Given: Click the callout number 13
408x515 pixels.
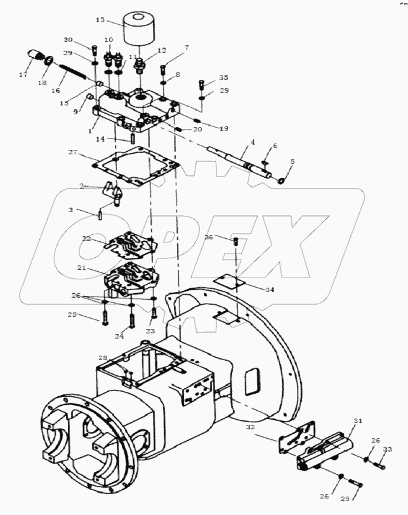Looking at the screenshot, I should point(100,20).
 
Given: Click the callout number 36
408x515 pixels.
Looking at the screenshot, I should point(209,237).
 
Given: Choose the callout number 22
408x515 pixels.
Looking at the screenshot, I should point(87,239).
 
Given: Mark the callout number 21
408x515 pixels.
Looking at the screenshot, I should point(82,268).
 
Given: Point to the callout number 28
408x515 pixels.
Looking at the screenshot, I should point(102,358).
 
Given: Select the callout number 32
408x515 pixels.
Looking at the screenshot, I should point(251,428).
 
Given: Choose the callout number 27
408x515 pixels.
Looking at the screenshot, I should point(73,152).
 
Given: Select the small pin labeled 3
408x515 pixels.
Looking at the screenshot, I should point(101,214).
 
